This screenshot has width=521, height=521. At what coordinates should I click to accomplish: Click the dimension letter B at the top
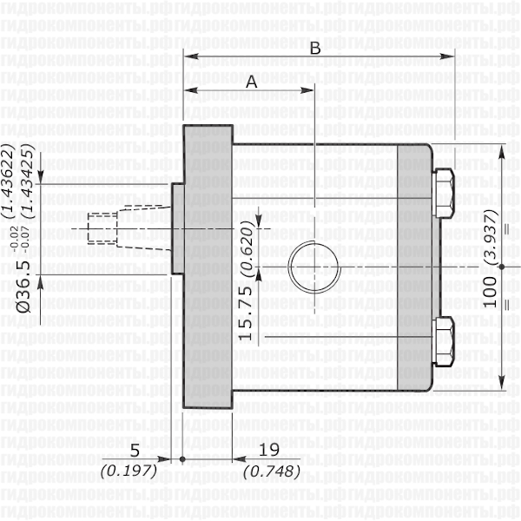(316, 49)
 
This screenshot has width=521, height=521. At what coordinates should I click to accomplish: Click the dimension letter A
(252, 82)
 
